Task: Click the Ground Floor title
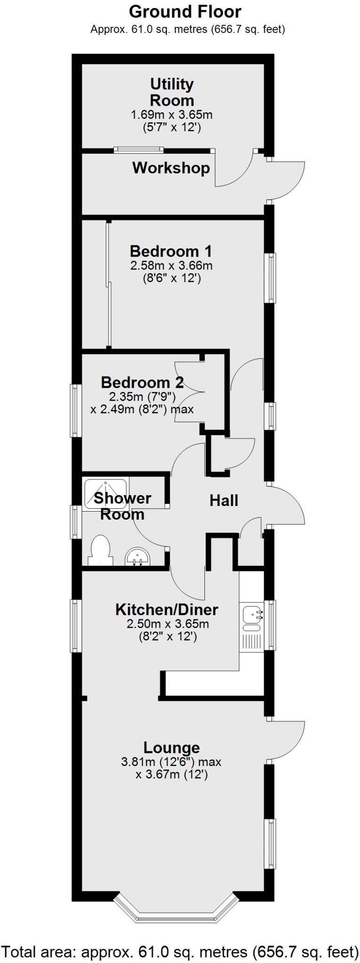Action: (x=185, y=11)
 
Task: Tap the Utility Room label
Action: (x=172, y=92)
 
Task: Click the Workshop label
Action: (x=171, y=168)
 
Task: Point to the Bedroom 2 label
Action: (x=142, y=382)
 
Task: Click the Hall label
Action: (x=224, y=501)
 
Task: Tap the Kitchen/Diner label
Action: (x=167, y=610)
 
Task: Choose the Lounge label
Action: (x=172, y=747)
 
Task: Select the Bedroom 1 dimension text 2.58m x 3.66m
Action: (x=172, y=266)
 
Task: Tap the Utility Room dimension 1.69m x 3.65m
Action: (x=172, y=114)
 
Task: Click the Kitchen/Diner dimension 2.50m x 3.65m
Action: (x=168, y=624)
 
